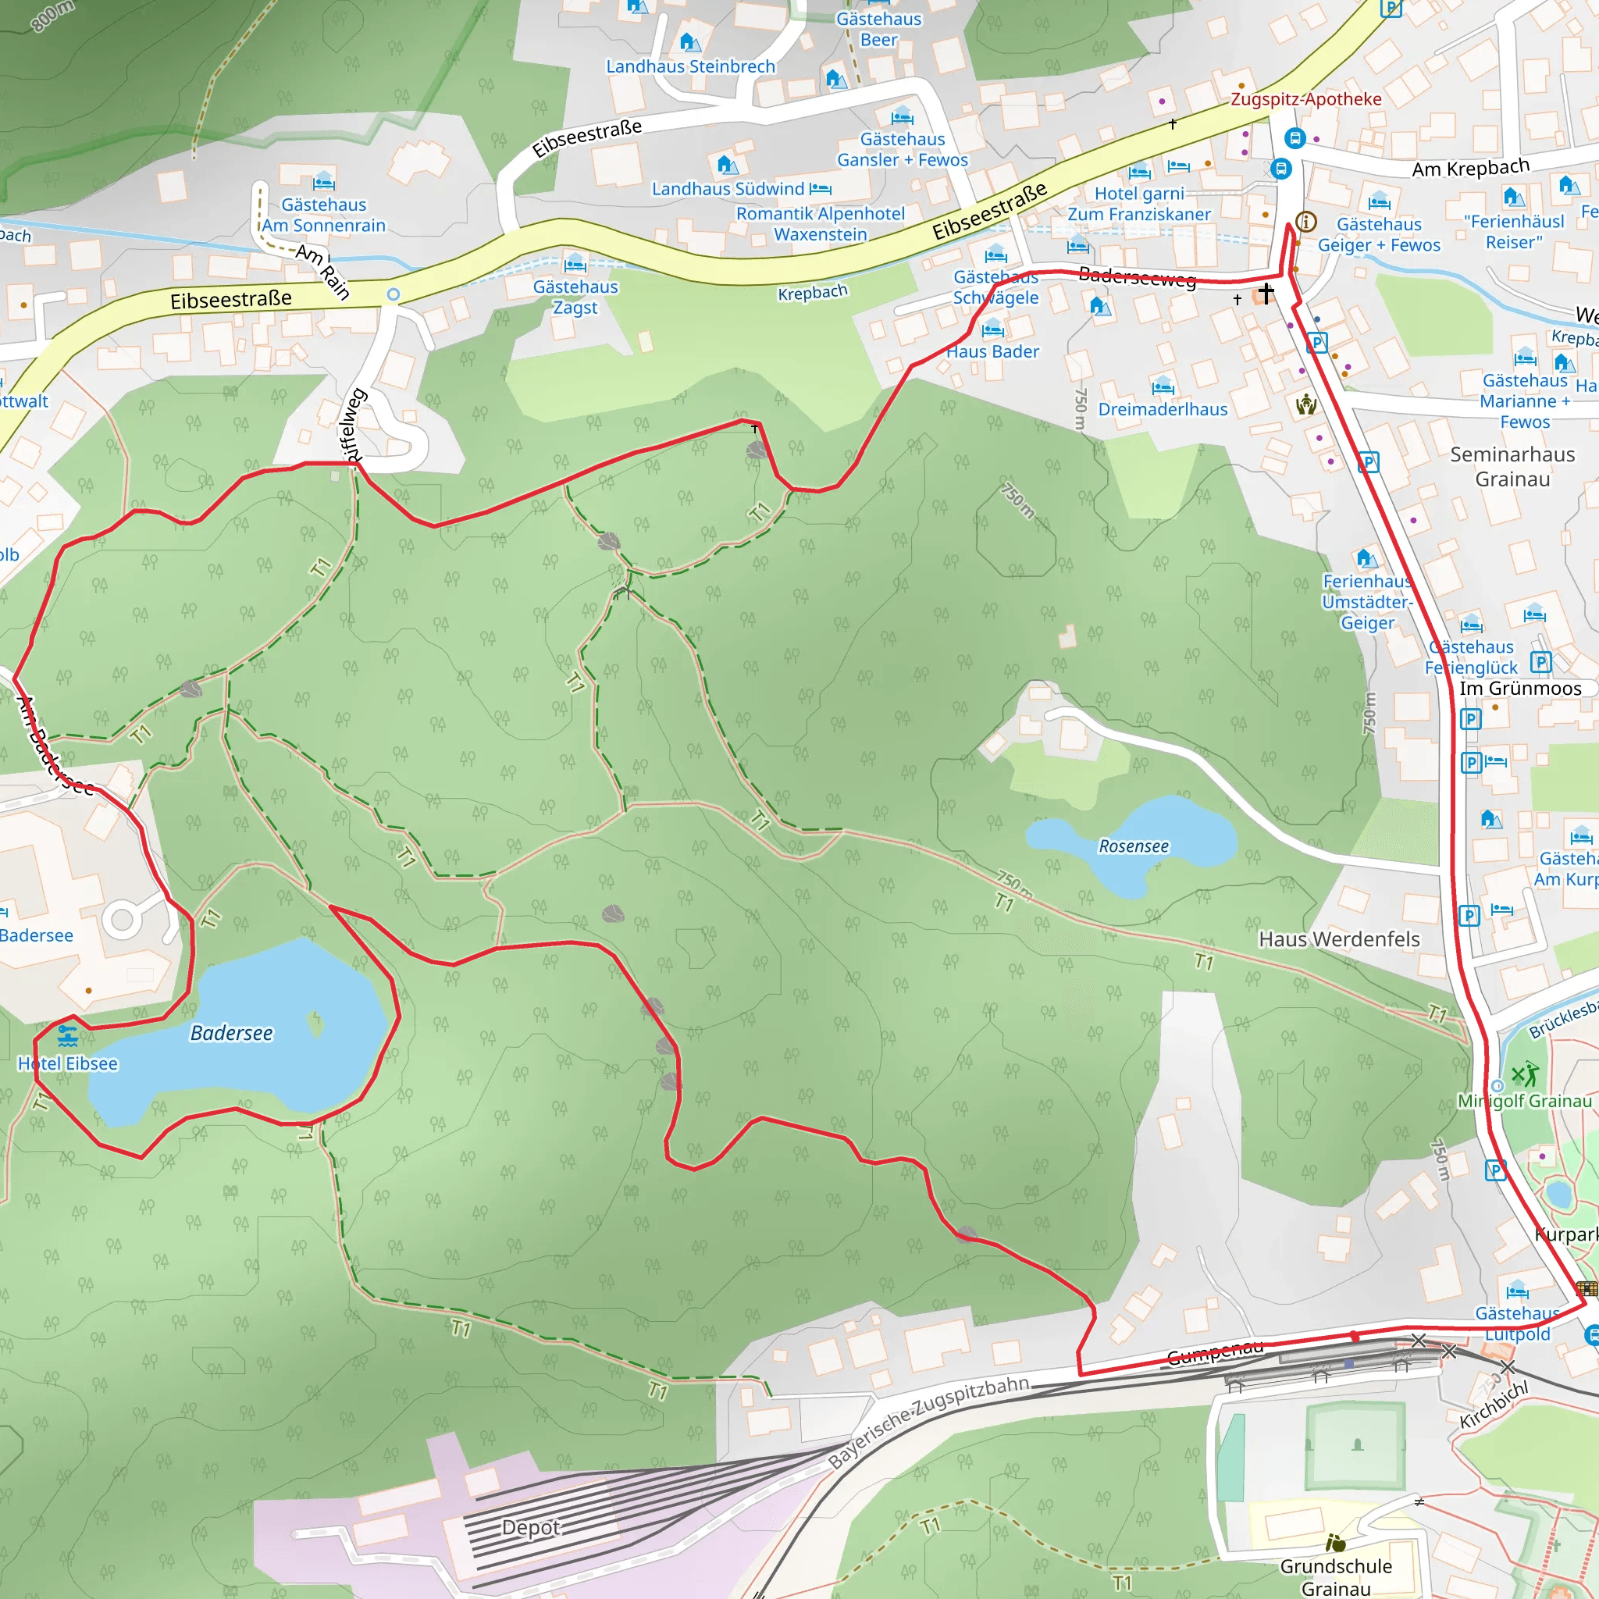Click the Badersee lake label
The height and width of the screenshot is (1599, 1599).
pyautogui.click(x=231, y=1033)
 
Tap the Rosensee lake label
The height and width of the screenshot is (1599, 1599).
pyautogui.click(x=1133, y=846)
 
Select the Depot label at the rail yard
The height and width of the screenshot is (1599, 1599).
pyautogui.click(x=530, y=1527)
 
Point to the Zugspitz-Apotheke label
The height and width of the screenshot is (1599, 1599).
pyautogui.click(x=1305, y=99)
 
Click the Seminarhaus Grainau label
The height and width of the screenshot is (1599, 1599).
pyautogui.click(x=1512, y=467)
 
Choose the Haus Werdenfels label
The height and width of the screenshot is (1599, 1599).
pyautogui.click(x=1338, y=939)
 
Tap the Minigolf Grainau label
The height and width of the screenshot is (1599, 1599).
pyautogui.click(x=1525, y=1101)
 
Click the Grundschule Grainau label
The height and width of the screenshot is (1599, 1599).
pyautogui.click(x=1336, y=1576)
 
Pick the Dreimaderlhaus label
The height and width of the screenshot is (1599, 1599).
pyautogui.click(x=1162, y=409)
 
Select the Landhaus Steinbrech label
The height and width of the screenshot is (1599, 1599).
pyautogui.click(x=690, y=66)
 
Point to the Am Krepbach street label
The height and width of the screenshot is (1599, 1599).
pyautogui.click(x=1470, y=168)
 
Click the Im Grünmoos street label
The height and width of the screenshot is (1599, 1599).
pyautogui.click(x=1519, y=689)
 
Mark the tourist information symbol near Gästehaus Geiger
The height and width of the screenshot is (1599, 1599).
pyautogui.click(x=1306, y=221)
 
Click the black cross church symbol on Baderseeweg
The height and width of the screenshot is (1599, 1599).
pyautogui.click(x=1266, y=292)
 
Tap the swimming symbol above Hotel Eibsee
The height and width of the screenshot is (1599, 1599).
pyautogui.click(x=68, y=1036)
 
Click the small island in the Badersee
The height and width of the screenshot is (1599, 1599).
pyautogui.click(x=315, y=1023)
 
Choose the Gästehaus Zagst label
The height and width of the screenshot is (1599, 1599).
pyautogui.click(x=575, y=297)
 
